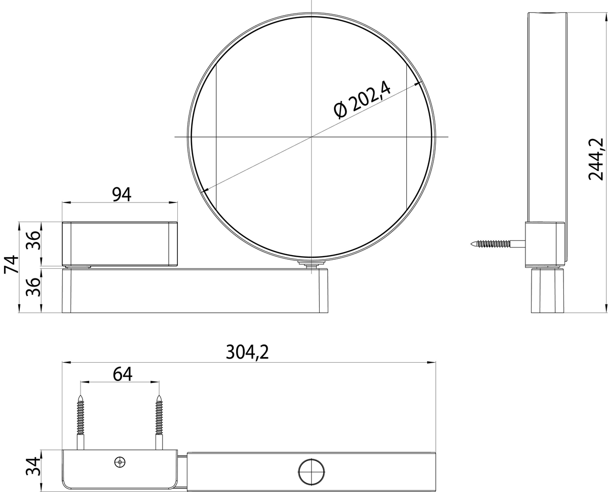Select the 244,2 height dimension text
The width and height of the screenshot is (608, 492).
tap(596, 159)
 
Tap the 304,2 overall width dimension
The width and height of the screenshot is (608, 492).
tap(247, 352)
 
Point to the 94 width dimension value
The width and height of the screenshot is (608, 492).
tap(122, 195)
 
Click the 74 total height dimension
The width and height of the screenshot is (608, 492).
tap(12, 264)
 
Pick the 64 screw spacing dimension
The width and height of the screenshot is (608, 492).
tap(123, 374)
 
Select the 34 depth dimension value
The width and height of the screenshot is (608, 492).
tap(33, 466)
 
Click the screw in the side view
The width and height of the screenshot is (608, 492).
tap(498, 243)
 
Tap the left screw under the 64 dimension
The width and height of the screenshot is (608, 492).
tap(81, 423)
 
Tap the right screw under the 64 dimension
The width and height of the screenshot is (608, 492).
tap(159, 423)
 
